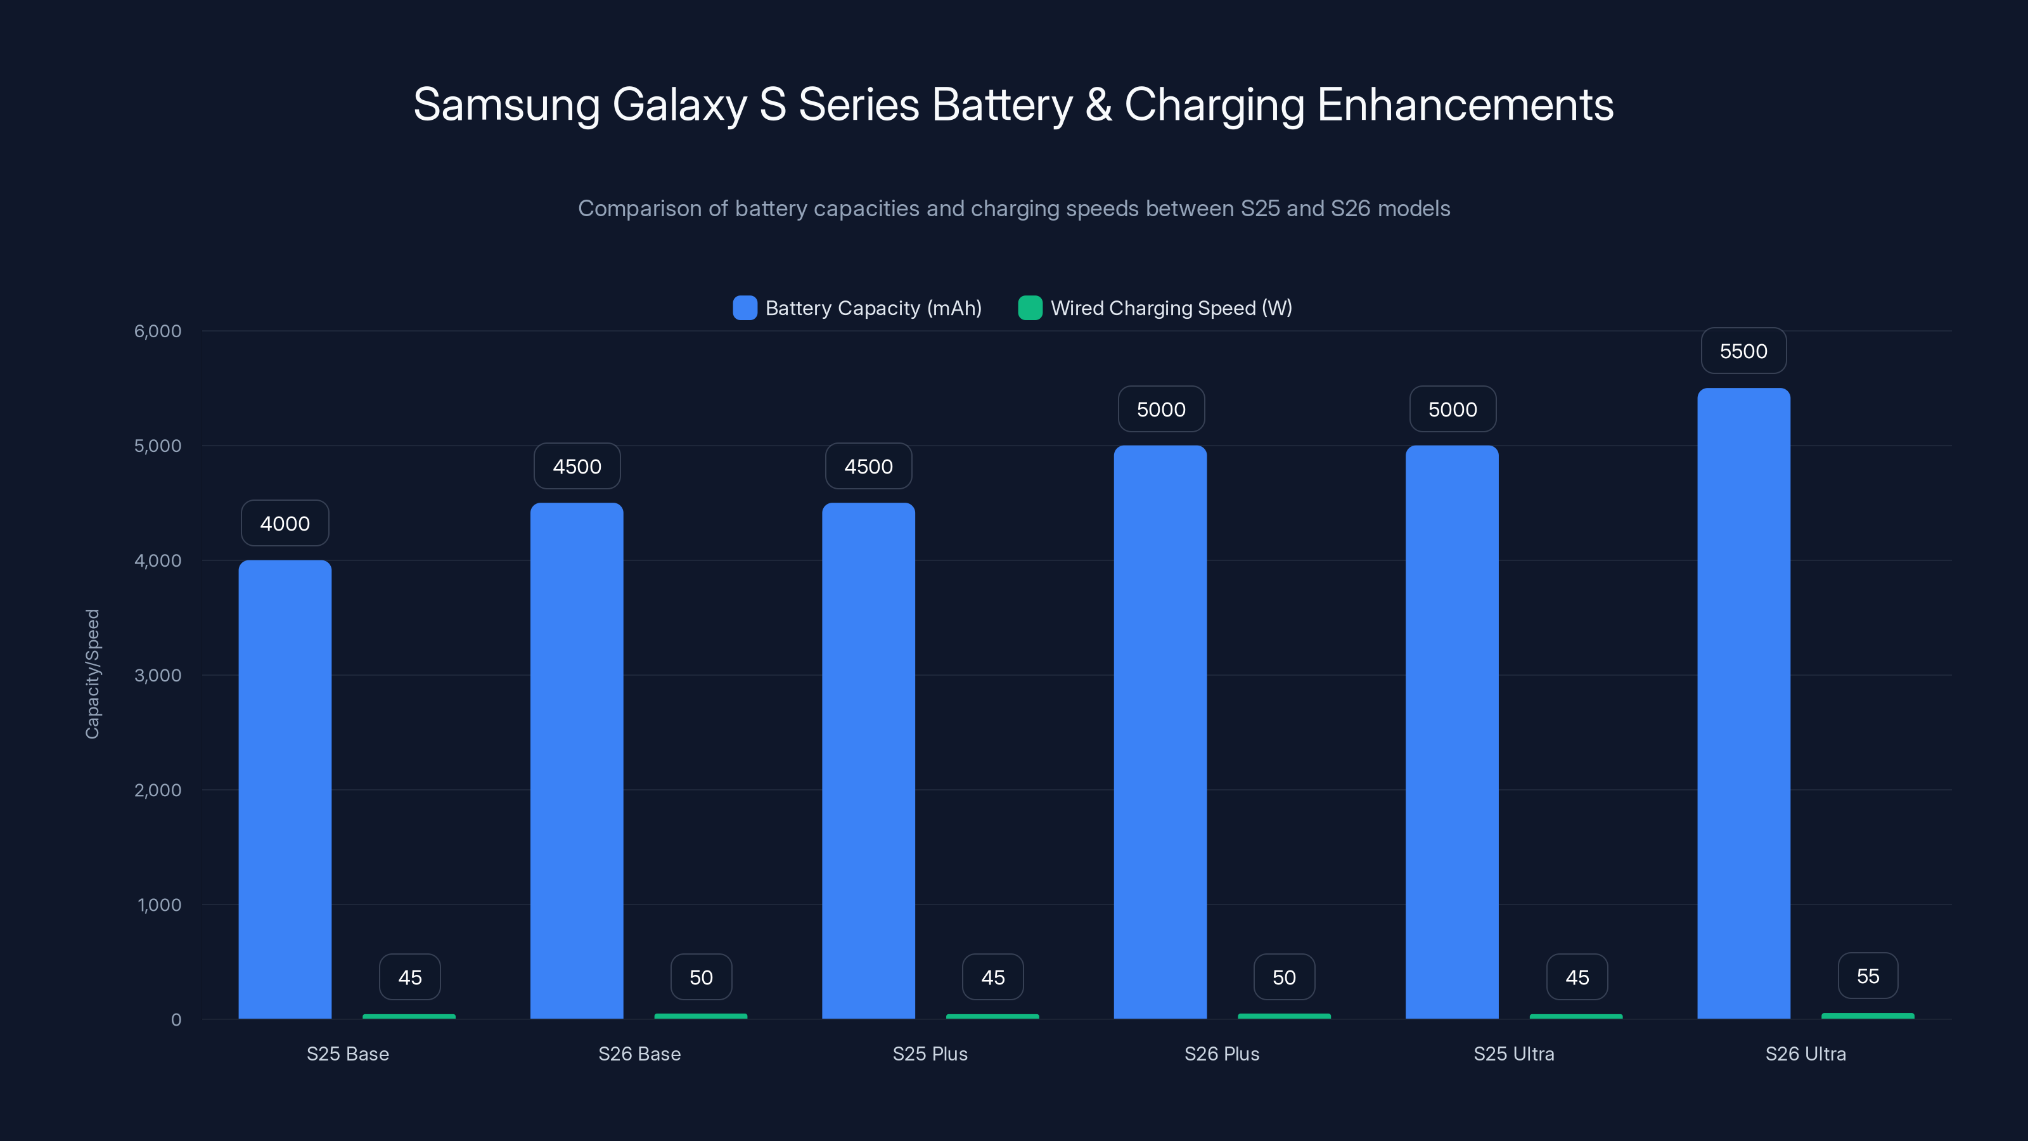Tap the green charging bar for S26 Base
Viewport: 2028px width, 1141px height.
coord(701,1015)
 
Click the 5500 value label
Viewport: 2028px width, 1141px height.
coord(1743,351)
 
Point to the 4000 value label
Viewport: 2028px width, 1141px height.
coord(285,524)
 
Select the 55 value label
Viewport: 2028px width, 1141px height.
coord(1868,976)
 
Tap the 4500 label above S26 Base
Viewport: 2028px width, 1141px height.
coord(577,467)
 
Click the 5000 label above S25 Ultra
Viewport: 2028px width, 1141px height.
coord(1453,409)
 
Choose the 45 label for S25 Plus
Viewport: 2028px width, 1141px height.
coord(992,977)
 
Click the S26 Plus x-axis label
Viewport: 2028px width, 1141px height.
coord(1222,1054)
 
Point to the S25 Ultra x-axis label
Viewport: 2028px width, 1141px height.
coord(1513,1054)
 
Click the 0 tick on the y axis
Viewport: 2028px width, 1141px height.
coord(176,1020)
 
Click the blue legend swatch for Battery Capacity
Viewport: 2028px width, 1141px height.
coord(745,308)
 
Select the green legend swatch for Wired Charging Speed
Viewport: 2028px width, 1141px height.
coord(1030,308)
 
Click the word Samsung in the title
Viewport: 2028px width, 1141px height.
coord(506,105)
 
